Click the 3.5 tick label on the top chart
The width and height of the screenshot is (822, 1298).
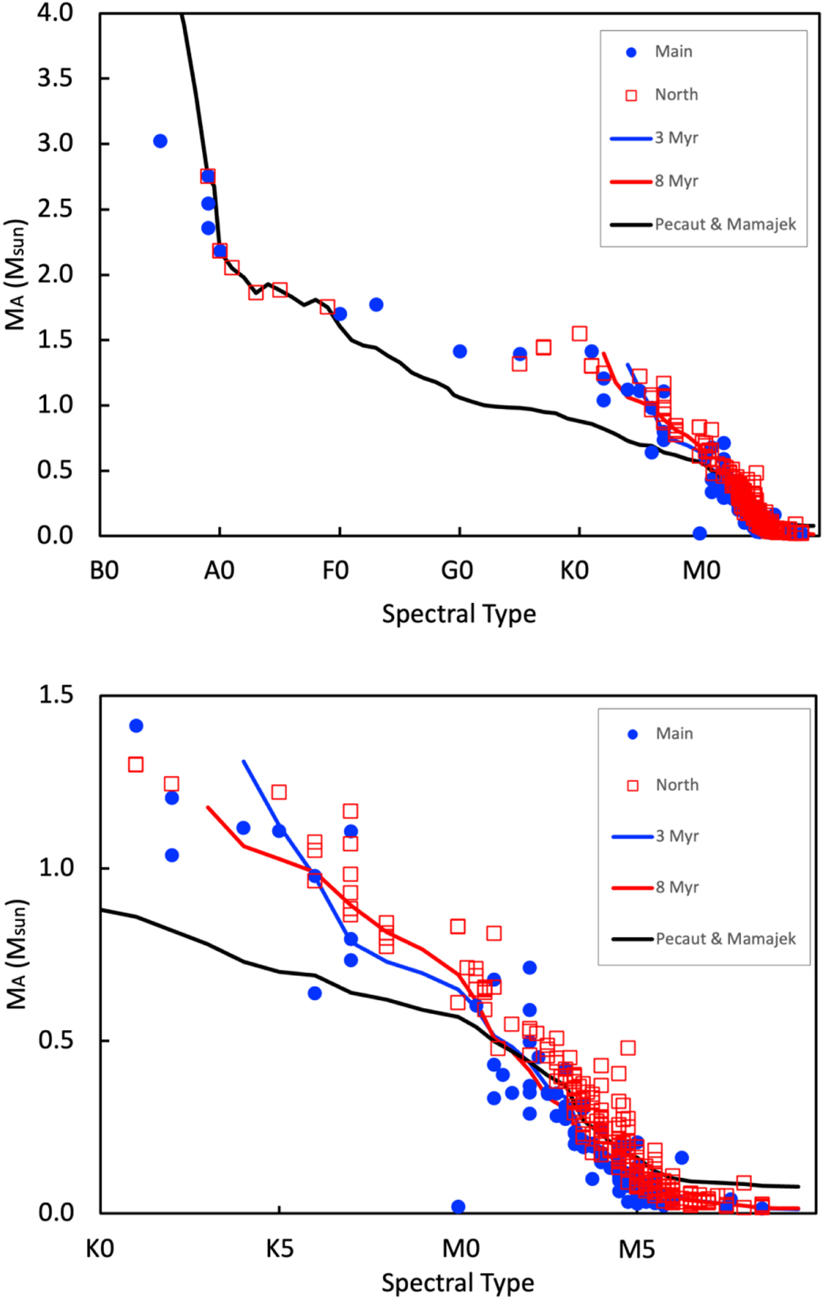pos(55,78)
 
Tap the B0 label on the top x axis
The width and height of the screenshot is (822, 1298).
pos(104,570)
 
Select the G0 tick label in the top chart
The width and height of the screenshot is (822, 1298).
pos(457,570)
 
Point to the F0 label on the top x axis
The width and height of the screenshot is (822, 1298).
pos(336,570)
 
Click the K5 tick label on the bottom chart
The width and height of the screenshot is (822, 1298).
pos(279,1249)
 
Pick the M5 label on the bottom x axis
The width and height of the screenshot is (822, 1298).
pos(636,1249)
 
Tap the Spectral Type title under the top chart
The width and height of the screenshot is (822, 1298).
pos(459,613)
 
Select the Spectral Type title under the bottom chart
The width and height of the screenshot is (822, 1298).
pos(458,1282)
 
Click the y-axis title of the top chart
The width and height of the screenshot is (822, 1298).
pos(16,274)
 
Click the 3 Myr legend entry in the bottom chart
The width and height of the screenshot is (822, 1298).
pos(677,836)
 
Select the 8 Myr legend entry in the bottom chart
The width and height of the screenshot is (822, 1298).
pos(677,887)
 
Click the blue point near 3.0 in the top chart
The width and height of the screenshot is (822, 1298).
pos(160,141)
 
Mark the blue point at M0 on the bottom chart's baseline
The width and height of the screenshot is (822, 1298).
pos(458,1206)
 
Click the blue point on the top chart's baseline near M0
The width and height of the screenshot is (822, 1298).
pos(699,533)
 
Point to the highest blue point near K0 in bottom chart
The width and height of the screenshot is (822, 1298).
pos(136,726)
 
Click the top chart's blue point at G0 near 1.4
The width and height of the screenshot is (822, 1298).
pos(460,352)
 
